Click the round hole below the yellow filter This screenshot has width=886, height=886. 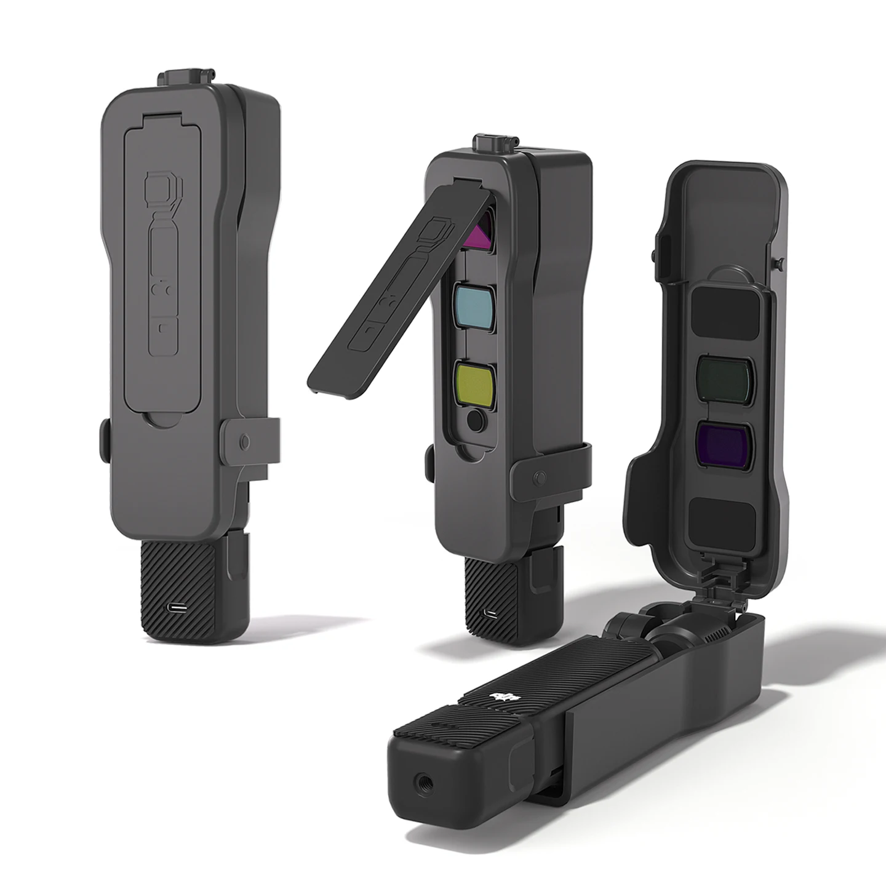(476, 422)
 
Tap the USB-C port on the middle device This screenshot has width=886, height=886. (490, 614)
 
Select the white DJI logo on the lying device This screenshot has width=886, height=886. (503, 697)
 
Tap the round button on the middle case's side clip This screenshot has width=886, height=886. (541, 477)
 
